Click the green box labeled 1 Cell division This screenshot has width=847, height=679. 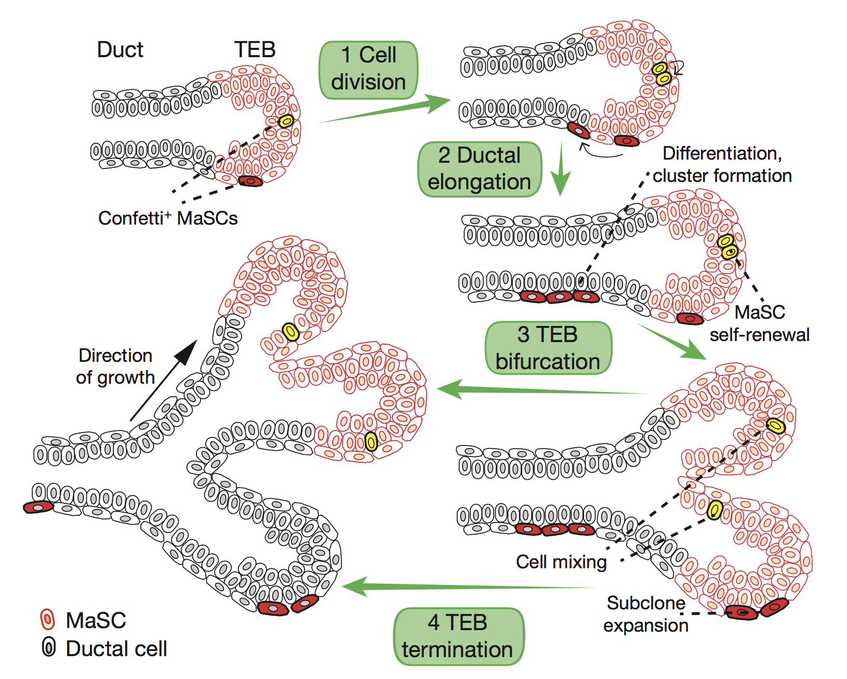tap(368, 70)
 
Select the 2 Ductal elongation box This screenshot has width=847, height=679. tap(479, 169)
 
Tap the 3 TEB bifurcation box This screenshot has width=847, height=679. tap(548, 348)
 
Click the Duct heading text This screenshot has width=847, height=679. tap(120, 50)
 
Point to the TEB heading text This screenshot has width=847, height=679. tap(255, 50)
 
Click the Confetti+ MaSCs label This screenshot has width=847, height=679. tap(168, 218)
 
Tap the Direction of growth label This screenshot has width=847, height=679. tap(115, 367)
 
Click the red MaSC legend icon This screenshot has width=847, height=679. tap(47, 620)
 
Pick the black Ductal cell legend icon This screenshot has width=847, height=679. tap(48, 648)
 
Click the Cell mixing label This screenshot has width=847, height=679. tap(561, 562)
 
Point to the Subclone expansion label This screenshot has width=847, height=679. tap(646, 614)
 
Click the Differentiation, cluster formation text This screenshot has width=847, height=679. tap(722, 164)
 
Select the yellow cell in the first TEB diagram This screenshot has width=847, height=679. tap(286, 121)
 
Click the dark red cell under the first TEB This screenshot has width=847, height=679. tap(250, 181)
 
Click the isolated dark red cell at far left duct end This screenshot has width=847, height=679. tap(38, 507)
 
